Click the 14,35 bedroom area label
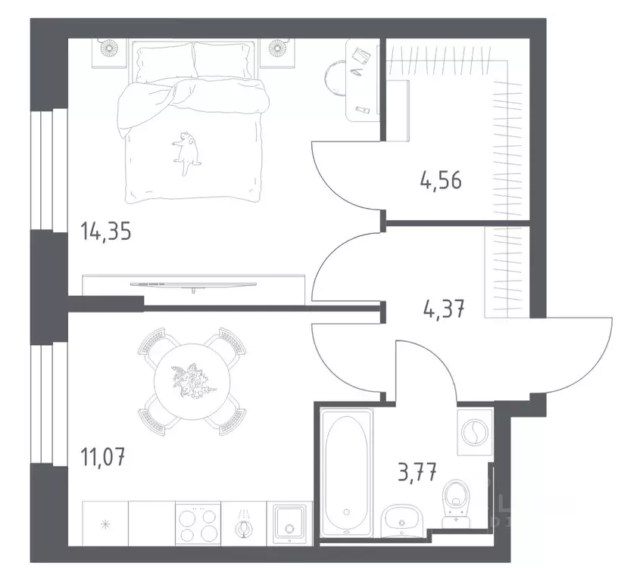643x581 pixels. point(106,231)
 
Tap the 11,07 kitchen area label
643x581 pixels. point(103,457)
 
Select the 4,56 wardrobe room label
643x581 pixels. point(440,182)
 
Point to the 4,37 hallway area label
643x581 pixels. point(442,309)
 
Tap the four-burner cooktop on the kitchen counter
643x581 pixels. point(197,524)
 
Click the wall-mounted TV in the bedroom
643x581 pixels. point(194,284)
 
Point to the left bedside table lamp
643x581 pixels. point(111,50)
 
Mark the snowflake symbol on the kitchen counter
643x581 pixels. point(105,524)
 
